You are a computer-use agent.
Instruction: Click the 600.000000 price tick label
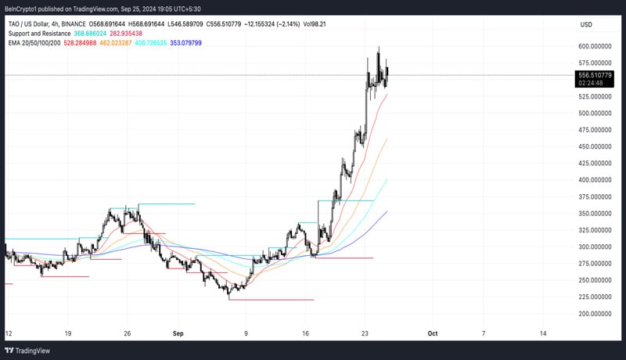595,46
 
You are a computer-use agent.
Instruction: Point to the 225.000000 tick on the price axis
595,297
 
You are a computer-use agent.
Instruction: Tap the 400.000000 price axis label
595,180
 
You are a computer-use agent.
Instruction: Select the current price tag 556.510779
595,74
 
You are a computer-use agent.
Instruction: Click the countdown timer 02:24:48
591,82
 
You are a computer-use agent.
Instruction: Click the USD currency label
585,25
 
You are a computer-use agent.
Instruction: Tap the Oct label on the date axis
433,333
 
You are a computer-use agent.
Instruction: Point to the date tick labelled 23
365,333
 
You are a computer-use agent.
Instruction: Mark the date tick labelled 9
246,333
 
